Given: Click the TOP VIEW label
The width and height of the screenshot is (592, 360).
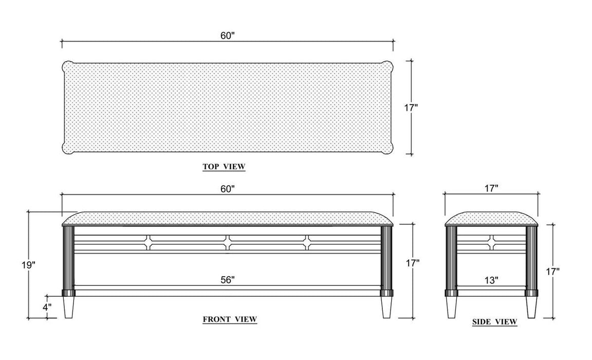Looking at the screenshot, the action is click(x=224, y=167).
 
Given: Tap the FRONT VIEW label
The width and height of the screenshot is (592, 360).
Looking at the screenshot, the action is click(x=230, y=319).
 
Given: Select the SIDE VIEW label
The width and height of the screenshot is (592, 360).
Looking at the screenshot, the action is click(x=494, y=322).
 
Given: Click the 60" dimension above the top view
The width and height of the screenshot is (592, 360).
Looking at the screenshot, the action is click(x=228, y=36).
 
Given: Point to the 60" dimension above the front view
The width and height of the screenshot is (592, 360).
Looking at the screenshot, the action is click(x=228, y=189).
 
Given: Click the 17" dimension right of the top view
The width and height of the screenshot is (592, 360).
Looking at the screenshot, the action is click(x=411, y=107).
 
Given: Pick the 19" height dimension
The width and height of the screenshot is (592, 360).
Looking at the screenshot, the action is click(x=28, y=265).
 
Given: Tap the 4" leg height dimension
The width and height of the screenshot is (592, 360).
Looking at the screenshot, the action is click(x=47, y=307).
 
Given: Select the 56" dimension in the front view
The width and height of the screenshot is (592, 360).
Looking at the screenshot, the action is click(x=228, y=280).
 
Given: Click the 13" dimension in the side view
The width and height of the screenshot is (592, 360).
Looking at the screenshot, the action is click(x=491, y=280).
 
